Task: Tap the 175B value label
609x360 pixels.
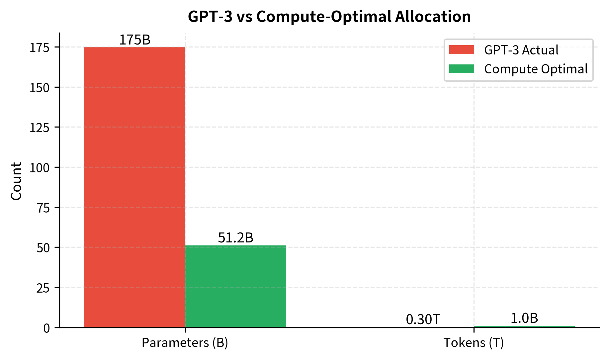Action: [x=134, y=40]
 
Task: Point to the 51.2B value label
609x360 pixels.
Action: [x=235, y=238]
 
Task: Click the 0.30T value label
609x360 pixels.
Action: [x=423, y=319]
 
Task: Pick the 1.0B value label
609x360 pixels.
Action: [x=524, y=318]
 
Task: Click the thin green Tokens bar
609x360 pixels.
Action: [x=524, y=326]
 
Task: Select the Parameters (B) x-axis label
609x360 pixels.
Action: [x=185, y=343]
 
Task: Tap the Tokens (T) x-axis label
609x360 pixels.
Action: [x=474, y=343]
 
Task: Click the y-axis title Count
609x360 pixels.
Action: [x=16, y=181]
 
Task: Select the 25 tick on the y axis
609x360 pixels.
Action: [x=43, y=288]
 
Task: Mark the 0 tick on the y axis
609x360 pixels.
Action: [x=46, y=328]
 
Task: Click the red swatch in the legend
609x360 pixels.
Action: [x=461, y=50]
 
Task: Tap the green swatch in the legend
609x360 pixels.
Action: [x=461, y=69]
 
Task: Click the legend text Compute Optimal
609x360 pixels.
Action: [x=536, y=69]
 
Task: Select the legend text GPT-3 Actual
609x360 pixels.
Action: [x=521, y=50]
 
